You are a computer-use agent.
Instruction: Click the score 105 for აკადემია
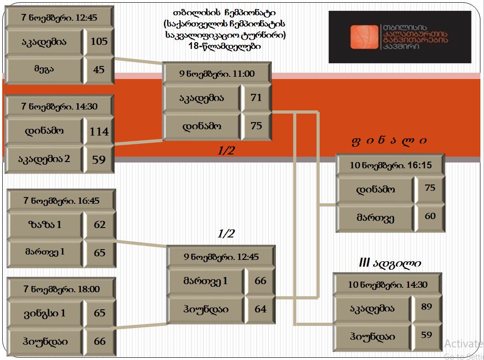tap(99, 42)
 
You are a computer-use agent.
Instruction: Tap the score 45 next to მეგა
tap(99, 70)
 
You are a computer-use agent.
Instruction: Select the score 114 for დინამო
tap(99, 132)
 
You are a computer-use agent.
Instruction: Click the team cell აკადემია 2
tap(44, 159)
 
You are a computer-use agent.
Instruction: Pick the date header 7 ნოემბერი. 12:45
tap(59, 18)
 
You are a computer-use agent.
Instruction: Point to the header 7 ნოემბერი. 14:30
tap(59, 106)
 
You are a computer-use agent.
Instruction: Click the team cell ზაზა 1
tap(45, 224)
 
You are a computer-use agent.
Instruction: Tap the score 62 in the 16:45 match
tap(100, 224)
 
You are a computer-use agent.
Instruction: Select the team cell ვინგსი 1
tap(45, 313)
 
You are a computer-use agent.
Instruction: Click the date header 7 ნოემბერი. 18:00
tap(62, 289)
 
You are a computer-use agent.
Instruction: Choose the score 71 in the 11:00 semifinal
tap(256, 98)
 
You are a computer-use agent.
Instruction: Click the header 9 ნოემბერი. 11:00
tap(217, 74)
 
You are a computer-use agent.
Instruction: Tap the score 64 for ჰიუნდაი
tap(260, 309)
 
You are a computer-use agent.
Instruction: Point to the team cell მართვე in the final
tap(375, 218)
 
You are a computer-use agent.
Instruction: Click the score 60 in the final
tap(430, 216)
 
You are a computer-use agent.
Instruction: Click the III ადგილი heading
tap(390, 263)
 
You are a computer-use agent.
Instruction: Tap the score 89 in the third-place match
tap(427, 307)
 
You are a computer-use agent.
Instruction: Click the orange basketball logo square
tap(364, 37)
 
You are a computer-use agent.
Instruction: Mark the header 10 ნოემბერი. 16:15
tap(391, 165)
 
